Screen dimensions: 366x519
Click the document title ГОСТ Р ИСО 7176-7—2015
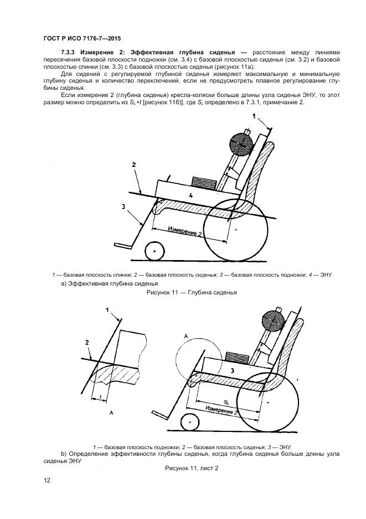click(82, 38)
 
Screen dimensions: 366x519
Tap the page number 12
click(47, 480)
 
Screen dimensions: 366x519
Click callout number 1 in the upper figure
click(254, 116)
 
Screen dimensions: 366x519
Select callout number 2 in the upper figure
click(134, 165)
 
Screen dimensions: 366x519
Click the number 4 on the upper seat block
click(190, 195)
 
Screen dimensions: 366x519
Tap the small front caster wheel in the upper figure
click(154, 251)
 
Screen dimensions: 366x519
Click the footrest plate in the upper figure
click(123, 246)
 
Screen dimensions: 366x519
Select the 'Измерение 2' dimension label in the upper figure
click(184, 231)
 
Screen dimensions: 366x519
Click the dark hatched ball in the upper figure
click(242, 144)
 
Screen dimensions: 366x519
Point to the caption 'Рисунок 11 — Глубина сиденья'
click(192, 292)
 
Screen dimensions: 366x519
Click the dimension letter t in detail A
click(101, 397)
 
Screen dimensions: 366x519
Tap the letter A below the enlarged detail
click(111, 413)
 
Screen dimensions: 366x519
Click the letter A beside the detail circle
click(186, 336)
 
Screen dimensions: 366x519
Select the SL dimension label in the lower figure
click(226, 402)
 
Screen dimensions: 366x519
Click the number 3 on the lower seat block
click(233, 371)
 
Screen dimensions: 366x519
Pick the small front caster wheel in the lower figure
click(190, 423)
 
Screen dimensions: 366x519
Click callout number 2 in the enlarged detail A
click(87, 343)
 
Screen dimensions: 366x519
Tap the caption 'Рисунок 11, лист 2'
click(192, 468)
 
